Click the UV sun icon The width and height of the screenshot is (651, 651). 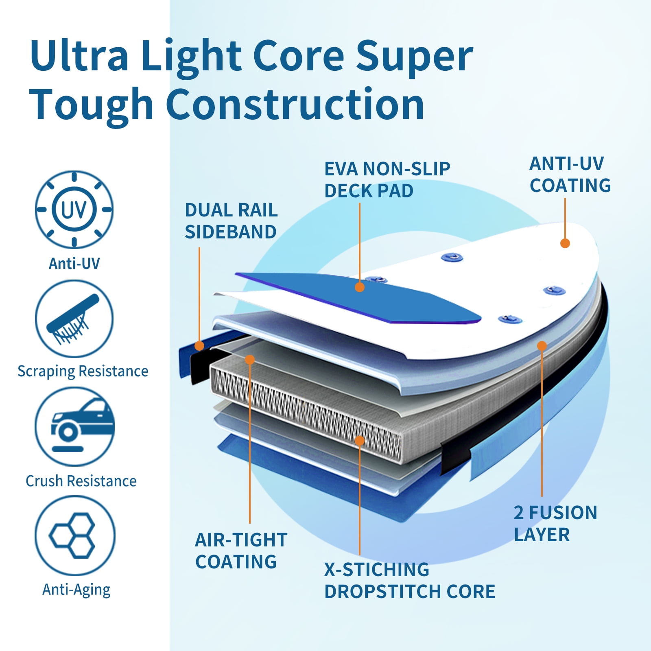(x=74, y=210)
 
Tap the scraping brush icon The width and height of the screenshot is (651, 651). (x=74, y=319)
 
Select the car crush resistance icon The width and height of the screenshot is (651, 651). (x=74, y=426)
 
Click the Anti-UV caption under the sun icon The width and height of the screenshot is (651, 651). (x=74, y=264)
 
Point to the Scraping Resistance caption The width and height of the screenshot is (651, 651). (x=83, y=371)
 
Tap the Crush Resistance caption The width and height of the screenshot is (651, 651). (x=81, y=481)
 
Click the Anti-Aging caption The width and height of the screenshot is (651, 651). (x=76, y=590)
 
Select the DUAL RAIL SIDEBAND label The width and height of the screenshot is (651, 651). (x=231, y=221)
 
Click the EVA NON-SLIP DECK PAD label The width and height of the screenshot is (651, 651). (x=387, y=179)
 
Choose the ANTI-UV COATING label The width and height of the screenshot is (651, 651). (x=570, y=175)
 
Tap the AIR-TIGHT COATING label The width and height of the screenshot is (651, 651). (x=241, y=551)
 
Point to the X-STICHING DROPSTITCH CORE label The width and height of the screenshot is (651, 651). (x=410, y=581)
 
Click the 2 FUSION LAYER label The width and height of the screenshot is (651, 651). (x=555, y=524)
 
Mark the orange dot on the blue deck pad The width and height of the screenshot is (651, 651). (x=359, y=287)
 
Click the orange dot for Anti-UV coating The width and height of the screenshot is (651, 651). (x=565, y=243)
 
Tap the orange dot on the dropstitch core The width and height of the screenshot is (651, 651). (x=359, y=441)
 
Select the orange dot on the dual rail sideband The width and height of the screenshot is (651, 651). (x=199, y=346)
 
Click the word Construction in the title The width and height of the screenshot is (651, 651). (x=295, y=104)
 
